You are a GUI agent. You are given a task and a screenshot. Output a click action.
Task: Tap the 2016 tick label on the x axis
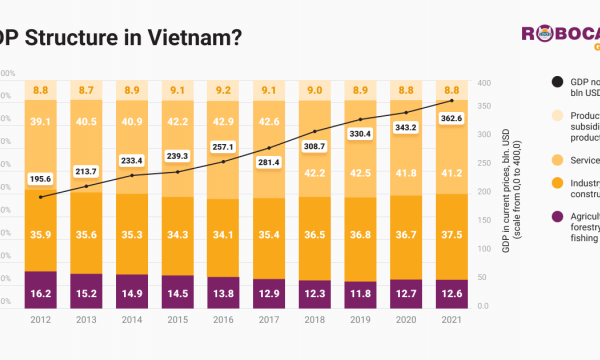tap(223, 321)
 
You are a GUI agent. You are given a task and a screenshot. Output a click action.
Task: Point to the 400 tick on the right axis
tap(484, 83)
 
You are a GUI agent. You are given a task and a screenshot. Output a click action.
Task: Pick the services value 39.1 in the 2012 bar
tap(40, 122)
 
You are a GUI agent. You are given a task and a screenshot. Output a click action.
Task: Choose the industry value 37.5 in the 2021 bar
tap(452, 235)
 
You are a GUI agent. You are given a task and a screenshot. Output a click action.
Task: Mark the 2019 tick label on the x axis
tap(361, 321)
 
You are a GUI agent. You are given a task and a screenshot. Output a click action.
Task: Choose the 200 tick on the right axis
tap(484, 194)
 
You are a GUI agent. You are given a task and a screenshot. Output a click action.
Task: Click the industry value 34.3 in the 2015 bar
tap(177, 235)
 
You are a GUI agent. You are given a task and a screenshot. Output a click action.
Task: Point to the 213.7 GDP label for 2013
tap(86, 171)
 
